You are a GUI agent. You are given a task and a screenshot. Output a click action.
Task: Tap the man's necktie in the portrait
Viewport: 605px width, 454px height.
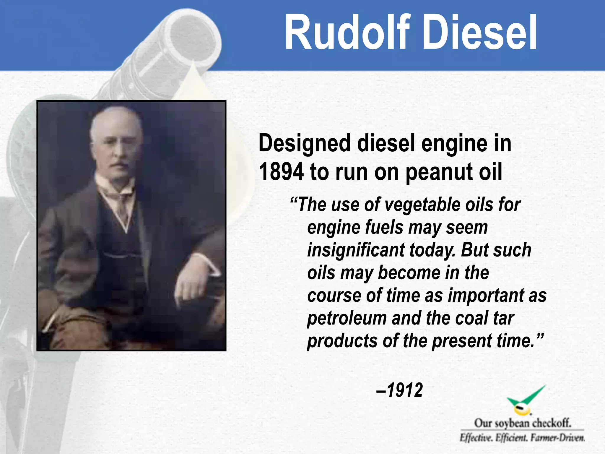point(123,207)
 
